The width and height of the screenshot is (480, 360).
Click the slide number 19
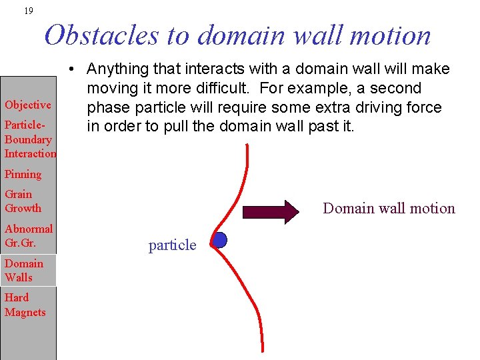point(27,11)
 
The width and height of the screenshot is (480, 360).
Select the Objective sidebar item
point(28,105)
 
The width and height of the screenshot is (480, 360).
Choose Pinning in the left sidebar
point(23,174)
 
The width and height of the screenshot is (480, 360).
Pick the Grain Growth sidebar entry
point(23,201)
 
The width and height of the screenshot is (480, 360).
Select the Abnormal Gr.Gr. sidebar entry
point(28,236)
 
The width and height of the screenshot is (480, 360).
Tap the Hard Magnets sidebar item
point(25,305)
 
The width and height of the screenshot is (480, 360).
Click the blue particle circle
point(219,240)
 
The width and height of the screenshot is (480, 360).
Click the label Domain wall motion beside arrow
point(389,209)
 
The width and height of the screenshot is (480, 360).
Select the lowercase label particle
point(172,245)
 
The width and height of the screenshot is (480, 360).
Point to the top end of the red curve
point(247,145)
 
